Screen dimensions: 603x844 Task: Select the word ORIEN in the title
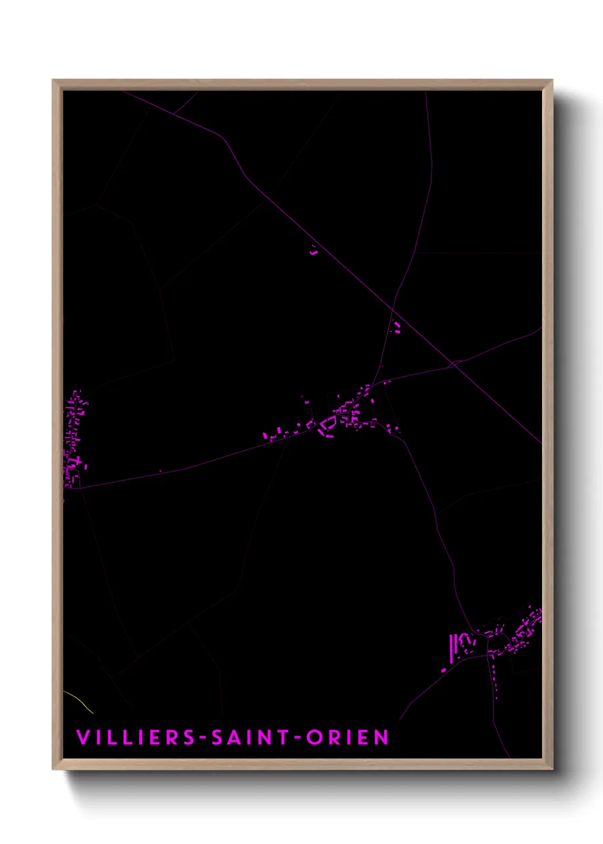348,737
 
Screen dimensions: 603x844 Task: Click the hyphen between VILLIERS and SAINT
203,738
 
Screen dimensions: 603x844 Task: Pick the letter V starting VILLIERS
83,737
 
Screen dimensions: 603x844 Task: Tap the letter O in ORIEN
314,737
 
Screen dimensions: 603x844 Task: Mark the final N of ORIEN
382,737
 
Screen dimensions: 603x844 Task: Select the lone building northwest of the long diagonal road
313,250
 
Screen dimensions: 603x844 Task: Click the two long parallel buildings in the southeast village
454,648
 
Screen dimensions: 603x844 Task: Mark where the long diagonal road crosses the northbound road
392,308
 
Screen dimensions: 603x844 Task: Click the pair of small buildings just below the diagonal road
397,327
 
